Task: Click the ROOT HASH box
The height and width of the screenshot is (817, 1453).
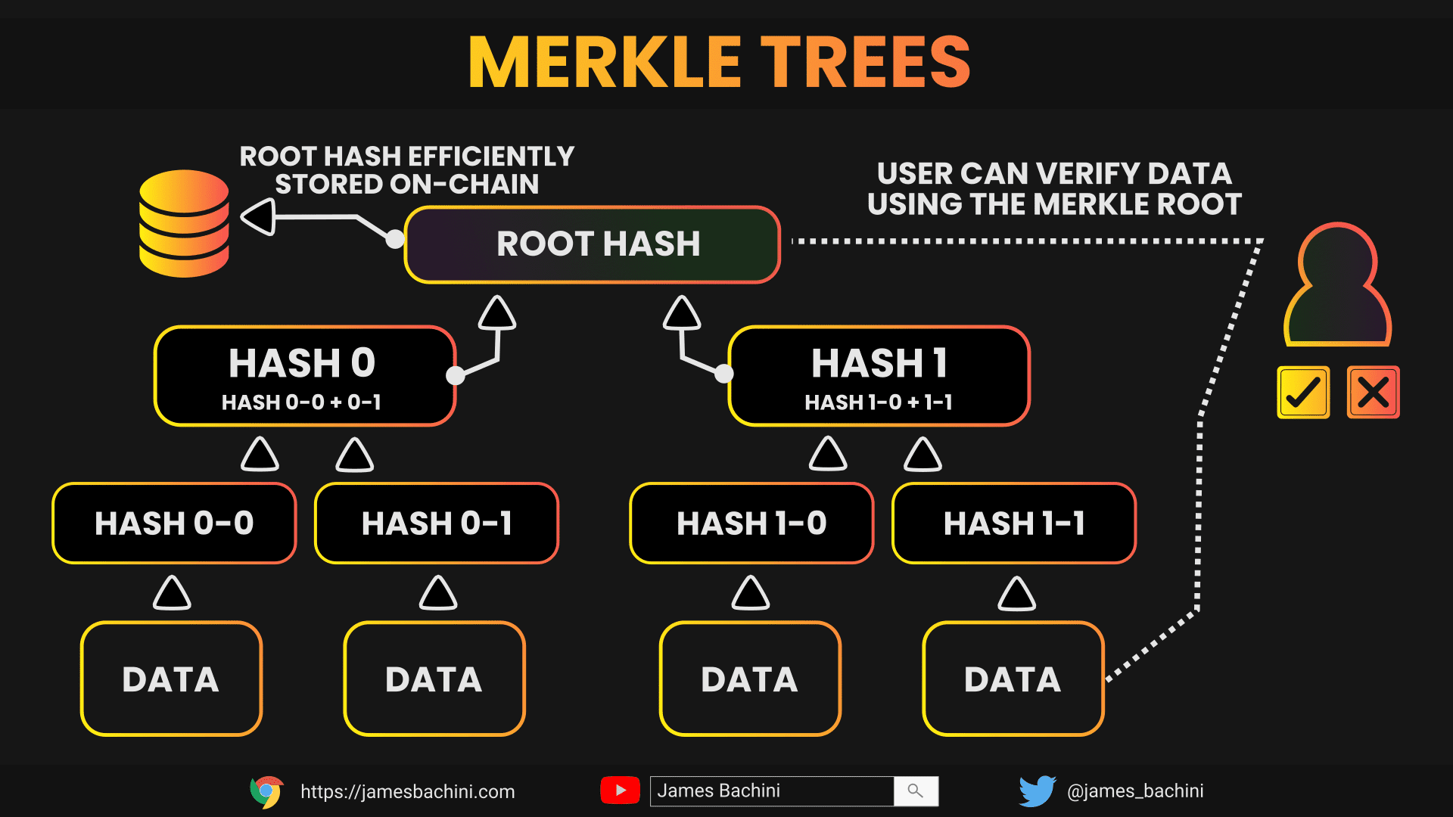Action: (x=593, y=244)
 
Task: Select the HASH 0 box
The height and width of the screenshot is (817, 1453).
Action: (x=305, y=376)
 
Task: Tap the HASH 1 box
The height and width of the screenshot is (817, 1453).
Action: (x=879, y=376)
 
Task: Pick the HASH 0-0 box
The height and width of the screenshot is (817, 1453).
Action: (x=174, y=523)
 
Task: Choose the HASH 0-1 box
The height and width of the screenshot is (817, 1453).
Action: (x=437, y=523)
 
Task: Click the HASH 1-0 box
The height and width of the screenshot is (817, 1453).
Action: (x=751, y=523)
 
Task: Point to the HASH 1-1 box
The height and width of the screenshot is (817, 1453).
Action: (x=1014, y=523)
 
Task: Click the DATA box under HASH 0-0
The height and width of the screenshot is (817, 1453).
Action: (x=171, y=679)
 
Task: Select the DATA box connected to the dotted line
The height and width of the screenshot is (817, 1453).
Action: (x=1013, y=679)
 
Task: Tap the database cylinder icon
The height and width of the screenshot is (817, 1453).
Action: (x=184, y=223)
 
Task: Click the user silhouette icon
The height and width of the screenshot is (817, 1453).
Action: (x=1338, y=284)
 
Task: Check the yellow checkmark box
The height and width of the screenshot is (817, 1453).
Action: (x=1303, y=392)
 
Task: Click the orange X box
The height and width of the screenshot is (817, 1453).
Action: (x=1374, y=392)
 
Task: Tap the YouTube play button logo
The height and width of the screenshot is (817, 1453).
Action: (x=620, y=791)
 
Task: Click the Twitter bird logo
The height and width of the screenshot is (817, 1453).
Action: (x=1038, y=791)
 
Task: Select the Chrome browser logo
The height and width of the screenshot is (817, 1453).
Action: (x=266, y=791)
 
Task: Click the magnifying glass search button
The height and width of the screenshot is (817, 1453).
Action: (x=916, y=791)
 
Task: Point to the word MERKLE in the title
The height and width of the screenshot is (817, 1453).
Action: (x=605, y=62)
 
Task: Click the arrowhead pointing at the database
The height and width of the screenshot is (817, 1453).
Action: (x=258, y=217)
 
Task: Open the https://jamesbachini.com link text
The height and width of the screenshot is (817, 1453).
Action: (x=408, y=791)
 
